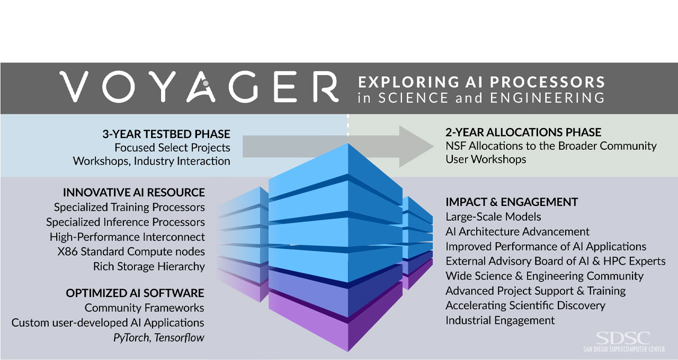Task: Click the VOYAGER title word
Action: coord(199,87)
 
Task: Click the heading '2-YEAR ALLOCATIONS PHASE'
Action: coord(523,132)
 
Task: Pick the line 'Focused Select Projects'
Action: coord(172,148)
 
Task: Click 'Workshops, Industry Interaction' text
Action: coord(151,161)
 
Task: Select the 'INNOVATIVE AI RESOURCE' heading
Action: coord(133,192)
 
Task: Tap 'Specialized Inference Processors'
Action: coord(125,222)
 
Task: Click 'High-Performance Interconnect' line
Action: coord(127,237)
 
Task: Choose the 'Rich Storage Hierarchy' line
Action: coord(149,266)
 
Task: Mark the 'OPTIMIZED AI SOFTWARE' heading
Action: coord(135,293)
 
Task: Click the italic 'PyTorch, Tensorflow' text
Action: coord(159,337)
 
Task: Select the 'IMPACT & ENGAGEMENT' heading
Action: coord(512,202)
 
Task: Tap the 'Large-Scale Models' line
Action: coord(493,217)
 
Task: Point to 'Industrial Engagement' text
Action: coord(500,320)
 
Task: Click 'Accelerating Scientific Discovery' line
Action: coord(525,305)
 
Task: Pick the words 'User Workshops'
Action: coord(486,159)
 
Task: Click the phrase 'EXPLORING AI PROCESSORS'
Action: coord(481,82)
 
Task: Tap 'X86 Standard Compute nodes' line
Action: coord(131,251)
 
